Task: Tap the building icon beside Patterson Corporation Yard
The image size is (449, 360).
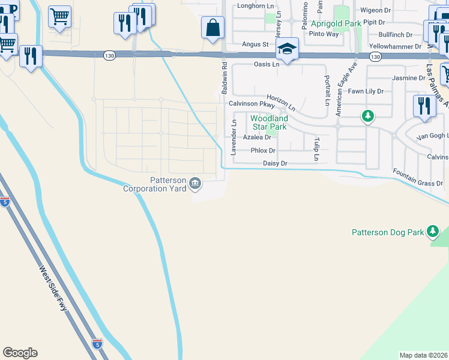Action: coord(195,183)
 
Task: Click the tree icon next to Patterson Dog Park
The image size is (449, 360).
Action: coord(432,232)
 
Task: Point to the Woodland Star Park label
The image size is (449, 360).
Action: coord(269,122)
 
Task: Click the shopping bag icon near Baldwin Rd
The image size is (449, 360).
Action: coord(212,28)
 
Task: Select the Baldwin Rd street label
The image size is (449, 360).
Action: coord(224,78)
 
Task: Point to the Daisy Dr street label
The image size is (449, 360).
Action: coord(276,163)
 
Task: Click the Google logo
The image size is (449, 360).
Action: coord(20,353)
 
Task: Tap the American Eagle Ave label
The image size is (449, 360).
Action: coord(346,83)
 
